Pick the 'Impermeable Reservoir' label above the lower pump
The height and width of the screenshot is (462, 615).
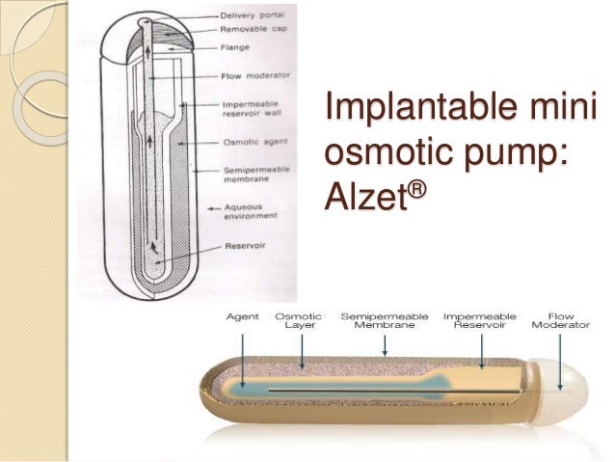click(480, 320)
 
